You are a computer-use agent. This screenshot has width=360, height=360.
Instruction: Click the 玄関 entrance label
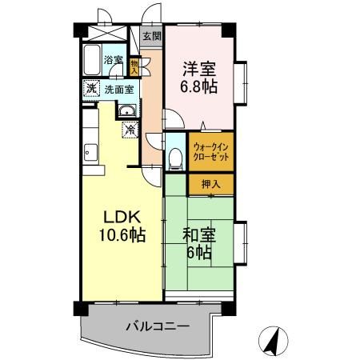(152, 36)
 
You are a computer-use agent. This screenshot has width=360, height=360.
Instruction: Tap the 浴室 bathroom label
(113, 61)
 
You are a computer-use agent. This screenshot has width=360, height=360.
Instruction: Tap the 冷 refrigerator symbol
(128, 128)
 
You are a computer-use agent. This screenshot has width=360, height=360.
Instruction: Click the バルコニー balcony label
(157, 326)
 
